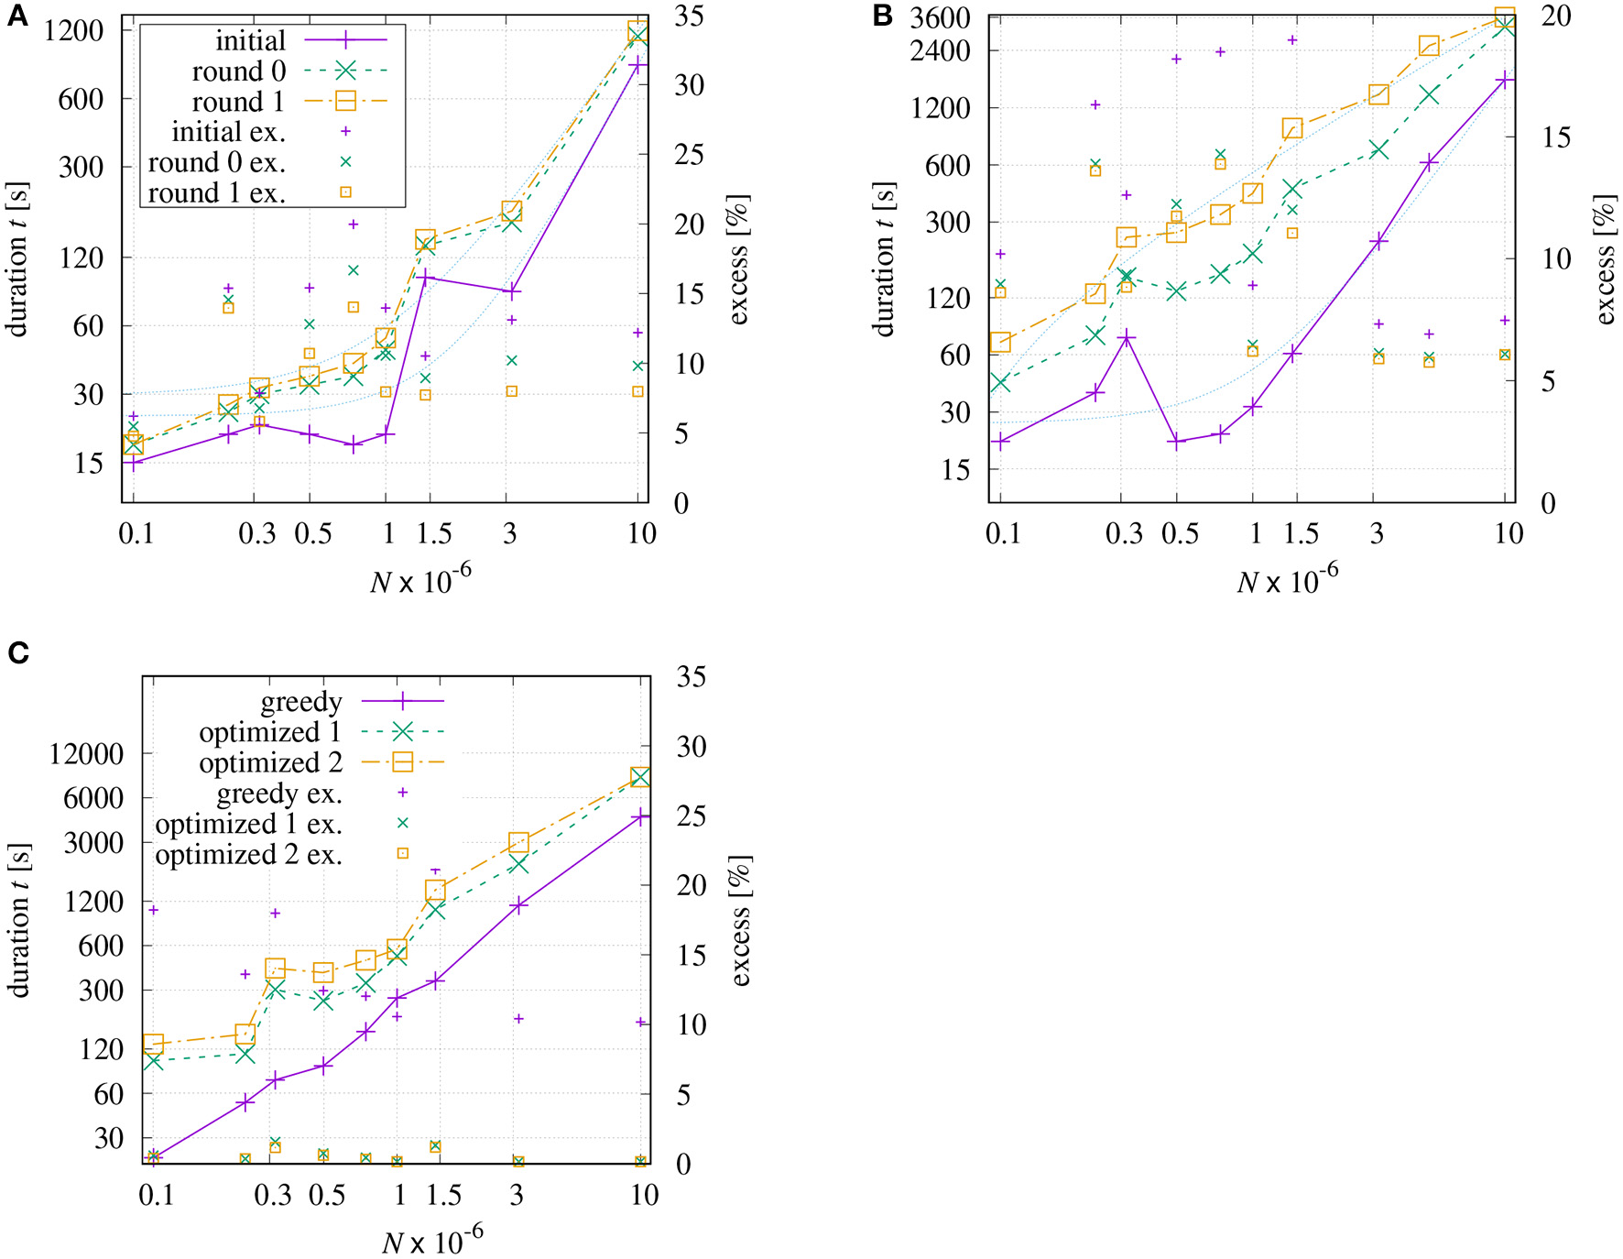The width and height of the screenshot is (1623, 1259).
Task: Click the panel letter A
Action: coord(17,16)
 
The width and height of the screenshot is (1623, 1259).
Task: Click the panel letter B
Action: coord(882,16)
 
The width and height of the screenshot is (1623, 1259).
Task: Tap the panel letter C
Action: coord(17,652)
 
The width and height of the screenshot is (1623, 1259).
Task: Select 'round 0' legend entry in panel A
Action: coord(239,71)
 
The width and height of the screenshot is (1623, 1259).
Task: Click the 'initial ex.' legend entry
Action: coord(229,132)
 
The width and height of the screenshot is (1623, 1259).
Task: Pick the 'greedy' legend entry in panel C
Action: coord(301,702)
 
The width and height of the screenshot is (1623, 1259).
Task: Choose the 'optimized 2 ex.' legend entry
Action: coord(249,854)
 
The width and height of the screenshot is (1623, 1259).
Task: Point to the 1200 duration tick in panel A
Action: coord(75,30)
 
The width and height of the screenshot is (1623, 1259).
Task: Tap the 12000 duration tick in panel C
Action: coord(86,754)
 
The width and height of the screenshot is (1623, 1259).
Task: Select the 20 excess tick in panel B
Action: coord(1556,16)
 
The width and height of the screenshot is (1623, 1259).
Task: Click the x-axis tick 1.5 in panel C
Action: coord(443,1195)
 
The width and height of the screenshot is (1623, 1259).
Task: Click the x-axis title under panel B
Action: coord(1287,581)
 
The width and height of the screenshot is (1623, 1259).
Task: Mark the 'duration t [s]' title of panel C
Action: coord(19,919)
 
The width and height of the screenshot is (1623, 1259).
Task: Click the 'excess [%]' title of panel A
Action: coord(738,259)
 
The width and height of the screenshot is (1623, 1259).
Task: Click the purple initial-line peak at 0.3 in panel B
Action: coord(1127,338)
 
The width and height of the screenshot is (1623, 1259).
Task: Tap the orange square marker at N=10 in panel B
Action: coord(1505,17)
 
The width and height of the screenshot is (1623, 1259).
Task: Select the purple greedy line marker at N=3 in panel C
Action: coord(518,905)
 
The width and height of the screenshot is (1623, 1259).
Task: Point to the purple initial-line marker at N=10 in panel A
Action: coord(638,65)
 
